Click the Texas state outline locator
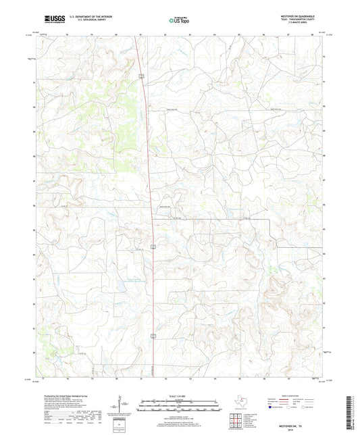[x=240, y=401]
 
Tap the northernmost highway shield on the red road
[x=141, y=76]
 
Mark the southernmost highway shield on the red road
[x=154, y=334]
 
